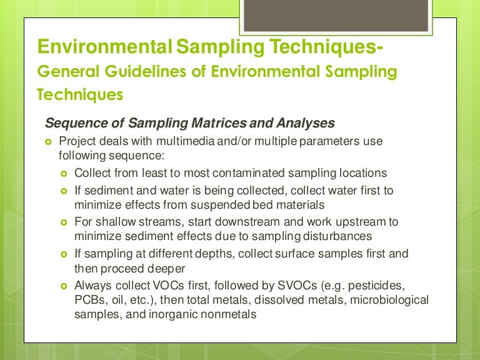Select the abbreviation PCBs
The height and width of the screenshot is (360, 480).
point(89,301)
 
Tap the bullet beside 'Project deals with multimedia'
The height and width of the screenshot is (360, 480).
point(49,142)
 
